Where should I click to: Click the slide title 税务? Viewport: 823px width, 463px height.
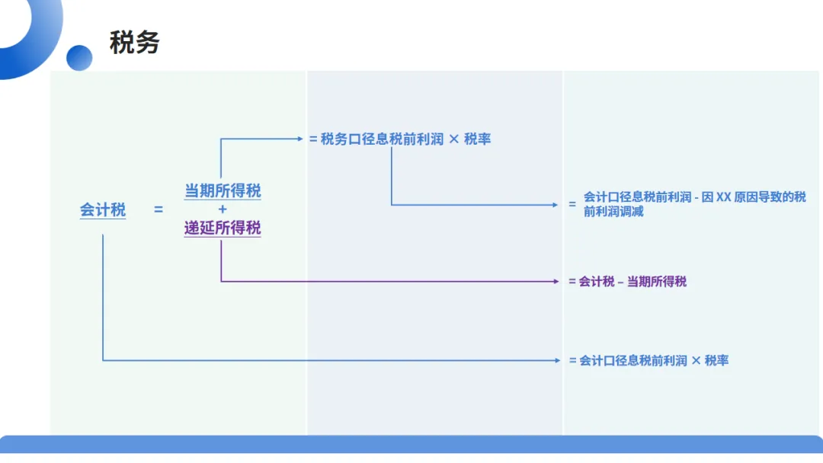134,43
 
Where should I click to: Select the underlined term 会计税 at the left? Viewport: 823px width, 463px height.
103,209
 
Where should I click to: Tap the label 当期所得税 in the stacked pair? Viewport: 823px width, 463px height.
223,190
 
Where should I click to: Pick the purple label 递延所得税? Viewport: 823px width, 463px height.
223,227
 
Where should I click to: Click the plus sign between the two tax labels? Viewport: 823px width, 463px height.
223,209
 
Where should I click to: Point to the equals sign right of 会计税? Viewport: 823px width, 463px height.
159,209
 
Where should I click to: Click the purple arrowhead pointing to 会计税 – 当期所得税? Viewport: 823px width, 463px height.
556,282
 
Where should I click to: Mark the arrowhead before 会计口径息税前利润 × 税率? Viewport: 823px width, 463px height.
557,360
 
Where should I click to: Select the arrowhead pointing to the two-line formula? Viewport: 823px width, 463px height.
556,205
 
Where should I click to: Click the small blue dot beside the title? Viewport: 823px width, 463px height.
79,57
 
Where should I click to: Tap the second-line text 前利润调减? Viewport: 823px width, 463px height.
613,212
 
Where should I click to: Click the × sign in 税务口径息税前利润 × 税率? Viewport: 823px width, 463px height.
453,139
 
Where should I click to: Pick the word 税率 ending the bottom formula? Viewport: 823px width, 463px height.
717,360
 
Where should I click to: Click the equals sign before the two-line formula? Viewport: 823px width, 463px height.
572,205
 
